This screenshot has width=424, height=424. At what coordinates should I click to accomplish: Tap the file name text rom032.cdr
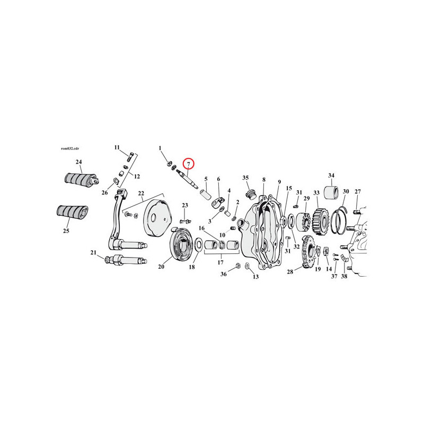click(x=70, y=149)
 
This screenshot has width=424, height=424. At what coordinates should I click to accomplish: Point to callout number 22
click(x=141, y=193)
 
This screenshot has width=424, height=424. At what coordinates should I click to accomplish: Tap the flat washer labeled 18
click(x=198, y=244)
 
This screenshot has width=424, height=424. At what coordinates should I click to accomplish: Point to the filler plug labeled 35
click(x=250, y=195)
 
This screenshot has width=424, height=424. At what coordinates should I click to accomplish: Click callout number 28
click(x=290, y=271)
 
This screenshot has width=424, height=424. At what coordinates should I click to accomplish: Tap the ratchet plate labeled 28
click(x=308, y=251)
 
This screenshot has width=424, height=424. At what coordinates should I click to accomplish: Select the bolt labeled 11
click(x=129, y=157)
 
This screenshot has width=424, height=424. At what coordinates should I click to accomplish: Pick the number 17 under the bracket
click(x=220, y=262)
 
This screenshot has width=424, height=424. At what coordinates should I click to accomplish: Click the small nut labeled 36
click(x=238, y=266)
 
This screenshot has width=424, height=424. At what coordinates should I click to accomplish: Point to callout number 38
click(x=344, y=276)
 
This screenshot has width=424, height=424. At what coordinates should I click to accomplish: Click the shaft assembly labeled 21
click(x=127, y=260)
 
